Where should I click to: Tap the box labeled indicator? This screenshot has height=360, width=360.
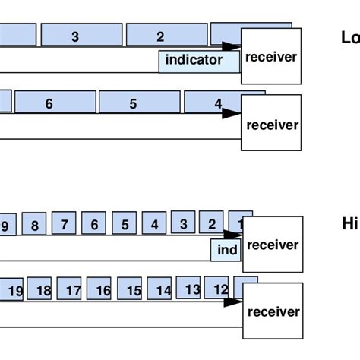point(194,60)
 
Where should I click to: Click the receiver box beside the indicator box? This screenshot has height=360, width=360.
point(270,56)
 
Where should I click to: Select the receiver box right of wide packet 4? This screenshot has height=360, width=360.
point(271,123)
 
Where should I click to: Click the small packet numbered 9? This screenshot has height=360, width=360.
point(5,226)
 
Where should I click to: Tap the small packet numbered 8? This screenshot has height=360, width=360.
point(34,226)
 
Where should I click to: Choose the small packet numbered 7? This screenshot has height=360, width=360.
point(65,225)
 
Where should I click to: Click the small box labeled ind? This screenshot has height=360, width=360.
point(226,250)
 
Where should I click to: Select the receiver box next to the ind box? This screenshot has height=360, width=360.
point(273,245)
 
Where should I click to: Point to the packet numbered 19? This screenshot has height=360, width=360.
point(15,291)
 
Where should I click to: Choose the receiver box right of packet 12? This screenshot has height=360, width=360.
point(273,310)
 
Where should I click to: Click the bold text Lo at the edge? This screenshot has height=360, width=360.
point(350,36)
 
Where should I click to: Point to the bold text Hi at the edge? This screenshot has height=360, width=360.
point(349,223)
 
